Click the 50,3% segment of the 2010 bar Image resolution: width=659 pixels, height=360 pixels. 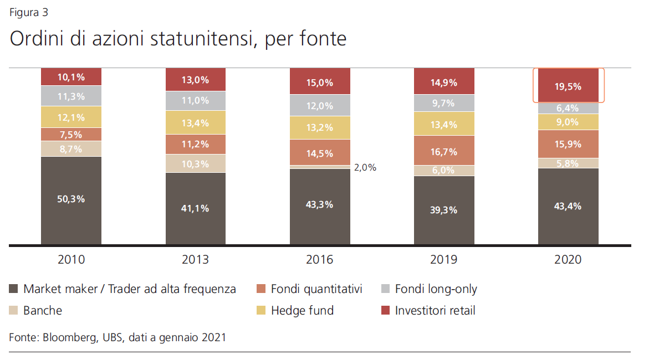coord(71,200)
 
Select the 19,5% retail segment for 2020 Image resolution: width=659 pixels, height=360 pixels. coord(568,85)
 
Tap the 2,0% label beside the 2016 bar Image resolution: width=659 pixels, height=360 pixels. coord(365,168)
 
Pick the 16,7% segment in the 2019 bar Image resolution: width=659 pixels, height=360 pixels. coord(444,151)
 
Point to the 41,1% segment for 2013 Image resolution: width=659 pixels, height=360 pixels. coord(196,208)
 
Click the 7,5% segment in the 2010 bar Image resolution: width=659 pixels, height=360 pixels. coord(71,135)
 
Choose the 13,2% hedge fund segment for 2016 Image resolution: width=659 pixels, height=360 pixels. coord(320,128)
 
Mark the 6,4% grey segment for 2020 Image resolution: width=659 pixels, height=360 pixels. coord(568,108)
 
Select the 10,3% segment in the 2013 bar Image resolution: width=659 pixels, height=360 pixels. coord(196,163)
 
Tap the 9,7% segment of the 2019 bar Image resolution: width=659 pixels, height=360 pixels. coord(444,103)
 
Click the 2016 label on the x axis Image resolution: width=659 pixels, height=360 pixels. coord(319,259)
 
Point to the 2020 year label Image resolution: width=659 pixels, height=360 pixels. coord(568,259)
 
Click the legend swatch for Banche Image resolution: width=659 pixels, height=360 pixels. coord(13,311)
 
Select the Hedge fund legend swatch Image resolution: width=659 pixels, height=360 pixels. coord(261,311)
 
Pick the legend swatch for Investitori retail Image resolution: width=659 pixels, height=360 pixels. coord(385,311)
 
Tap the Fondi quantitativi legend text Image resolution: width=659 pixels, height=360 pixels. coord(316,289)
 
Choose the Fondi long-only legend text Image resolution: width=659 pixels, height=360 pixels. coord(436,289)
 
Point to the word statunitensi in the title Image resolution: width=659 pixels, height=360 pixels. coord(203,39)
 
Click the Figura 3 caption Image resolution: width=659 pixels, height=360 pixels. coord(29,13)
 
